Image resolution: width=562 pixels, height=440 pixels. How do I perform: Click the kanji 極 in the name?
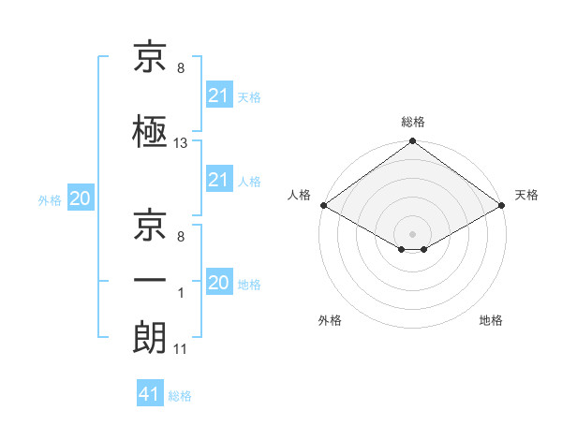(150, 131)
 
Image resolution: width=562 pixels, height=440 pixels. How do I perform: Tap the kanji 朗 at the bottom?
(150, 337)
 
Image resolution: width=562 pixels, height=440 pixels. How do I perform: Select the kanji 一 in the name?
(150, 280)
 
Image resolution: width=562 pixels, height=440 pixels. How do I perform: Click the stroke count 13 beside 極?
(180, 143)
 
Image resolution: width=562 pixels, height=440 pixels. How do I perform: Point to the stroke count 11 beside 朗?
(180, 349)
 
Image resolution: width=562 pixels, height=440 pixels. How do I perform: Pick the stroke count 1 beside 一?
(181, 293)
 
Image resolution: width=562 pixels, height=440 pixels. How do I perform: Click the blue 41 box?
(150, 392)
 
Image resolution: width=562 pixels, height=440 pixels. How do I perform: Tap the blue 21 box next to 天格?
(220, 95)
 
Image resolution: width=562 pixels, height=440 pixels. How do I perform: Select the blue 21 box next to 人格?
(220, 179)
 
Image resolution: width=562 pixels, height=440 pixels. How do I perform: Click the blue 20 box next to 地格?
(220, 281)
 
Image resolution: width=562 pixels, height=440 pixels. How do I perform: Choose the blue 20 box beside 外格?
(81, 198)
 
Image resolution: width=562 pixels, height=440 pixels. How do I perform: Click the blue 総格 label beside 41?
(180, 396)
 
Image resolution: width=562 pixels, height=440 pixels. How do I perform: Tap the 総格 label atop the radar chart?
(413, 122)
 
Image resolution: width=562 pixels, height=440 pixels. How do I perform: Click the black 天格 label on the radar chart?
(526, 195)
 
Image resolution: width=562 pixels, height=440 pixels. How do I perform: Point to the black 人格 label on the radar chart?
(299, 195)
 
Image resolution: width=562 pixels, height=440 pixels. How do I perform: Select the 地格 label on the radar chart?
(491, 320)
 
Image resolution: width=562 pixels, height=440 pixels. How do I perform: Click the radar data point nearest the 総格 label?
(412, 140)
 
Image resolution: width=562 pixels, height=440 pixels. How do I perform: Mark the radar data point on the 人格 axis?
(324, 205)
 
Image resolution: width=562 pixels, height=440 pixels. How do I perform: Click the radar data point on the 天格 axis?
(502, 205)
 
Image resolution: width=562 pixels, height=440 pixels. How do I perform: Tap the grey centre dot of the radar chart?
(412, 234)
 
